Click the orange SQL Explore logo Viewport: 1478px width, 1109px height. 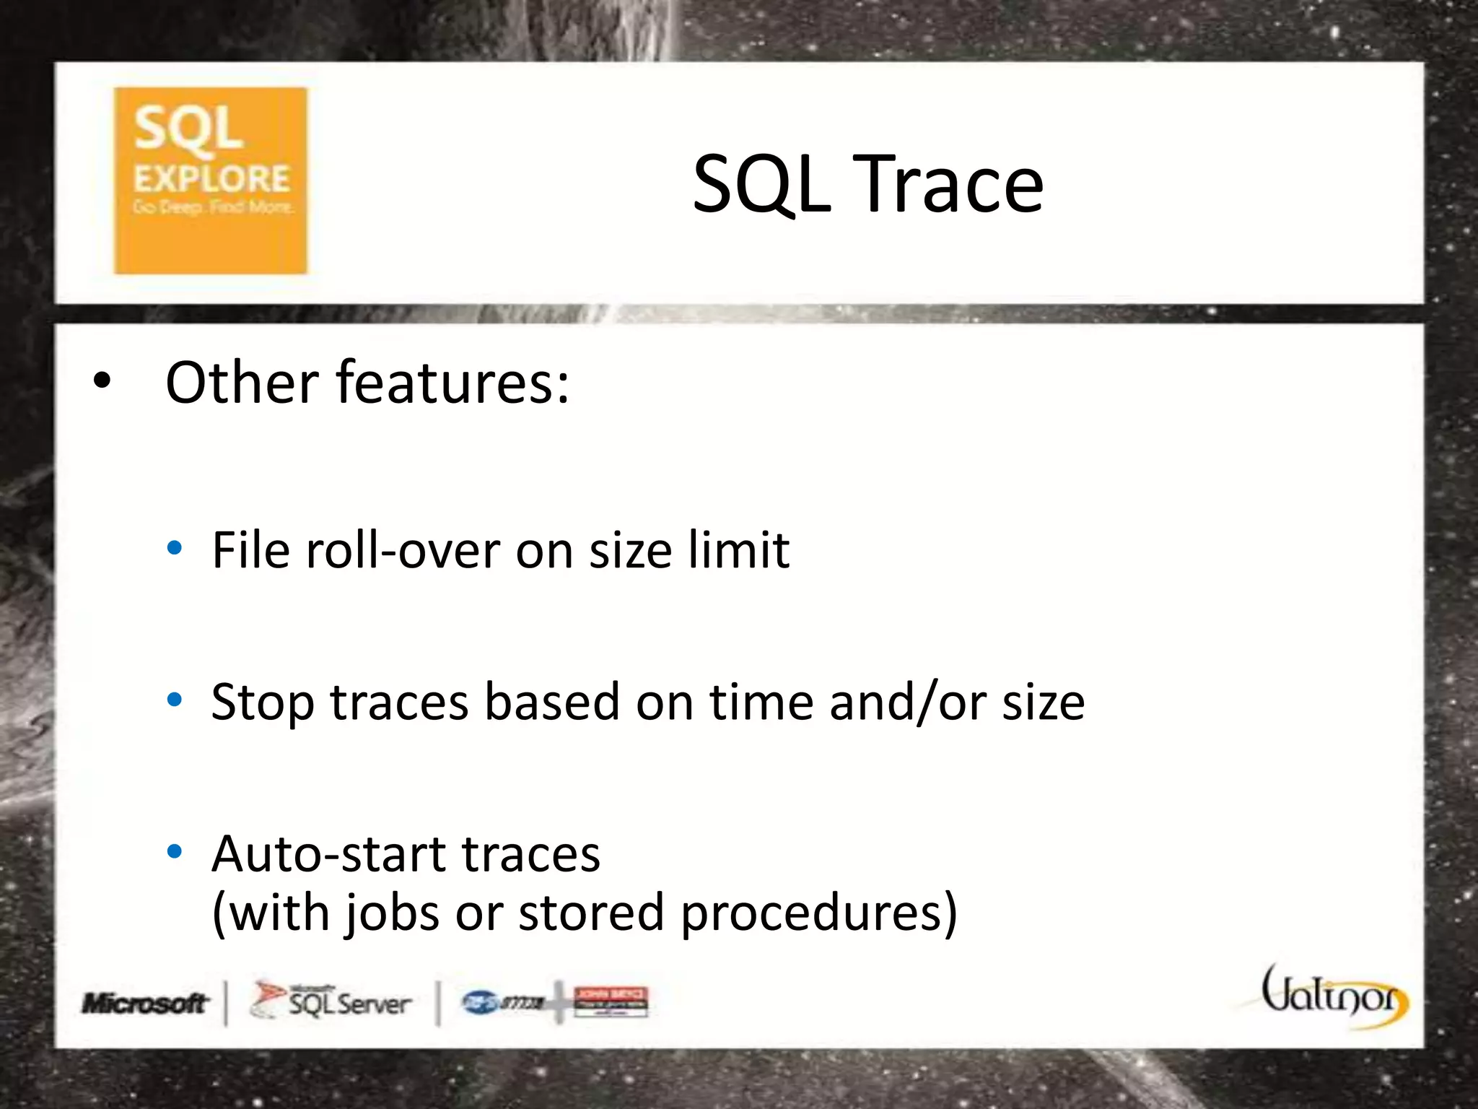pos(210,181)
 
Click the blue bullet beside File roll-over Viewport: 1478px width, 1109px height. pos(174,548)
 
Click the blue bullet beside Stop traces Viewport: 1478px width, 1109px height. pos(174,699)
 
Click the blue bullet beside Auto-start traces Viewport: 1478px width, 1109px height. pos(174,851)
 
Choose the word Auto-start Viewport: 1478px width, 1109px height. pos(328,854)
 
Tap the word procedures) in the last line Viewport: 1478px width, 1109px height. pos(819,913)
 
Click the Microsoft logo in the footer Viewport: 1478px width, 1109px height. pos(145,1003)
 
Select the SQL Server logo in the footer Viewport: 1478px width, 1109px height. pos(331,1001)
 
